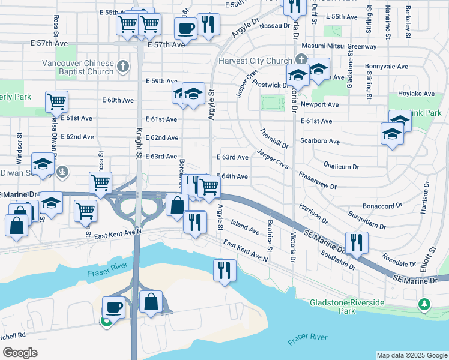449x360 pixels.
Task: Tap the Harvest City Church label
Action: point(255,61)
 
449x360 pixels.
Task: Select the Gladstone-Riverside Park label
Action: point(347,307)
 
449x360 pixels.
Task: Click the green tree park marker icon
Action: point(425,305)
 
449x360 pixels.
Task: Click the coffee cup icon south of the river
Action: point(113,308)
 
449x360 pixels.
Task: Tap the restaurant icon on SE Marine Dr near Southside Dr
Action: point(357,242)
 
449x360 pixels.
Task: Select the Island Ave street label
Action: point(245,227)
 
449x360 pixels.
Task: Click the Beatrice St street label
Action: point(270,236)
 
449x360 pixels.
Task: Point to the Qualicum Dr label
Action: point(341,166)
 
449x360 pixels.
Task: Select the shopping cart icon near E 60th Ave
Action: point(56,101)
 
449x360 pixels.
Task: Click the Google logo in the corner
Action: point(20,352)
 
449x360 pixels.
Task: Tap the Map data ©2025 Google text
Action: point(411,355)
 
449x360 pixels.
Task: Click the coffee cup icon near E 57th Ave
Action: point(185,28)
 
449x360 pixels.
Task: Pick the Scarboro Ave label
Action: point(320,142)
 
